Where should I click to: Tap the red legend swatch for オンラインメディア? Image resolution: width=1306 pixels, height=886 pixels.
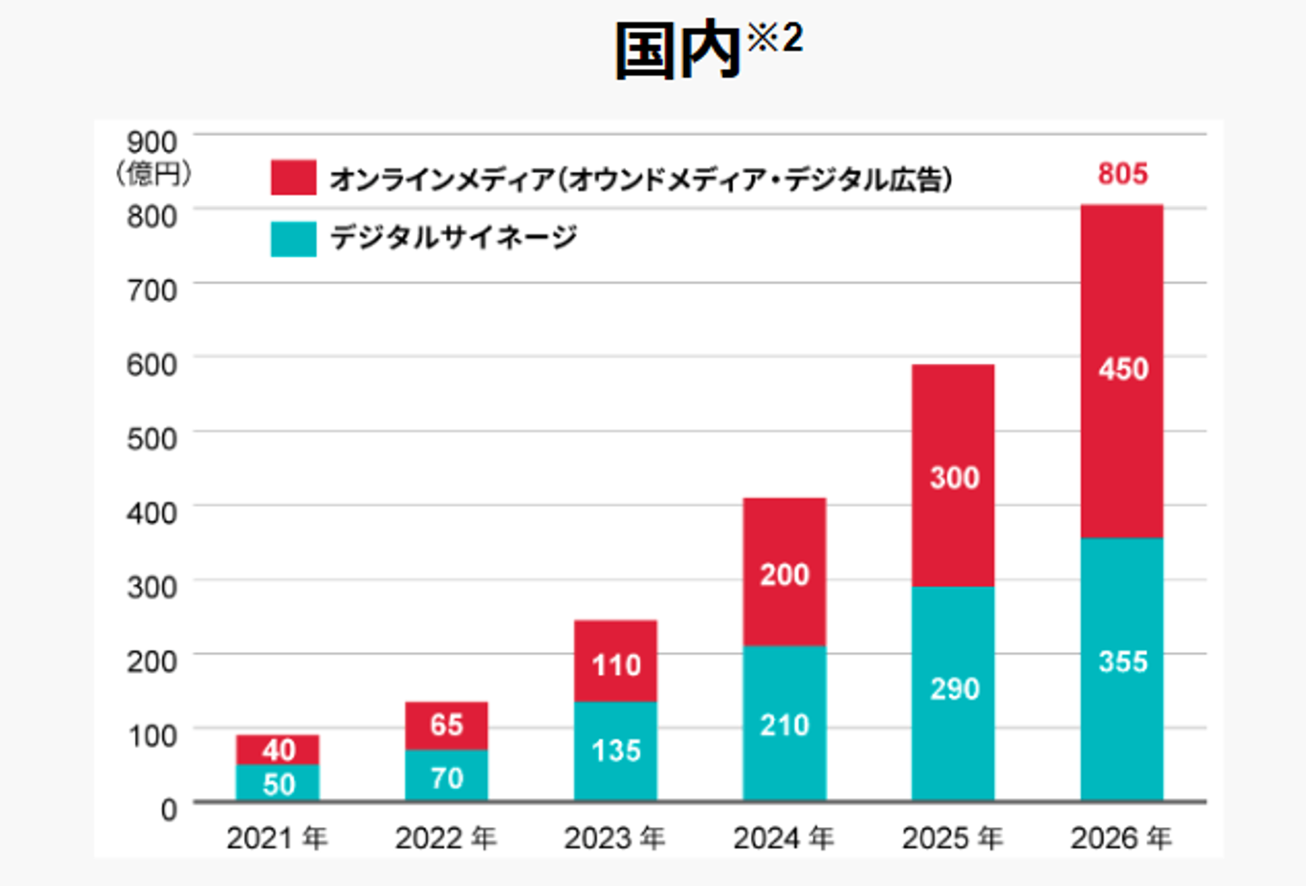[293, 178]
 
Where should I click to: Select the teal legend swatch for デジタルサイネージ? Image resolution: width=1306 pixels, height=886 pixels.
[293, 239]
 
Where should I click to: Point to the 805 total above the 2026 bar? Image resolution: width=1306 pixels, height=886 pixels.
[1123, 173]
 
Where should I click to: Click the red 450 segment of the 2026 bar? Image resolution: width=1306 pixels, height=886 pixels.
[1122, 371]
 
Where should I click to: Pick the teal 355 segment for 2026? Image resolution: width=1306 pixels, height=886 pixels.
[1122, 668]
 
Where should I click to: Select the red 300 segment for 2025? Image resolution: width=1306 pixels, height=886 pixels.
[953, 476]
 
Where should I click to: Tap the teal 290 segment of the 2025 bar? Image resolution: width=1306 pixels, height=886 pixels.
[953, 693]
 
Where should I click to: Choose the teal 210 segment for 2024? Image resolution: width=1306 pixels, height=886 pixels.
[785, 723]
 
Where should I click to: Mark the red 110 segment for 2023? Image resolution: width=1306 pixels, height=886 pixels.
[616, 661]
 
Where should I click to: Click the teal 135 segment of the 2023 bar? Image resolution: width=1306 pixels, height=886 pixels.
[616, 751]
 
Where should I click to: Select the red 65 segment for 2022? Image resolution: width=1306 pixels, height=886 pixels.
[446, 725]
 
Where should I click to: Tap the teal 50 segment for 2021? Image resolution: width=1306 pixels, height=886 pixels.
[278, 784]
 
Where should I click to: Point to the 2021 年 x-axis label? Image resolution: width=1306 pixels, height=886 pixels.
[277, 838]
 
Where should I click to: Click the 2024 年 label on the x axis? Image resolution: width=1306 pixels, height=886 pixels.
[784, 838]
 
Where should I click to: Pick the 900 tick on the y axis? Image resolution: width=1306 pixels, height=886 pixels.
[151, 142]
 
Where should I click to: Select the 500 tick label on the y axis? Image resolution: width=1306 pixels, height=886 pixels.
[151, 439]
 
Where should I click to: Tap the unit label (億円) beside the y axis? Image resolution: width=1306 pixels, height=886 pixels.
[153, 172]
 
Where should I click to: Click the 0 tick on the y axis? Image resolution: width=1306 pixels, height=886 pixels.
[169, 809]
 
